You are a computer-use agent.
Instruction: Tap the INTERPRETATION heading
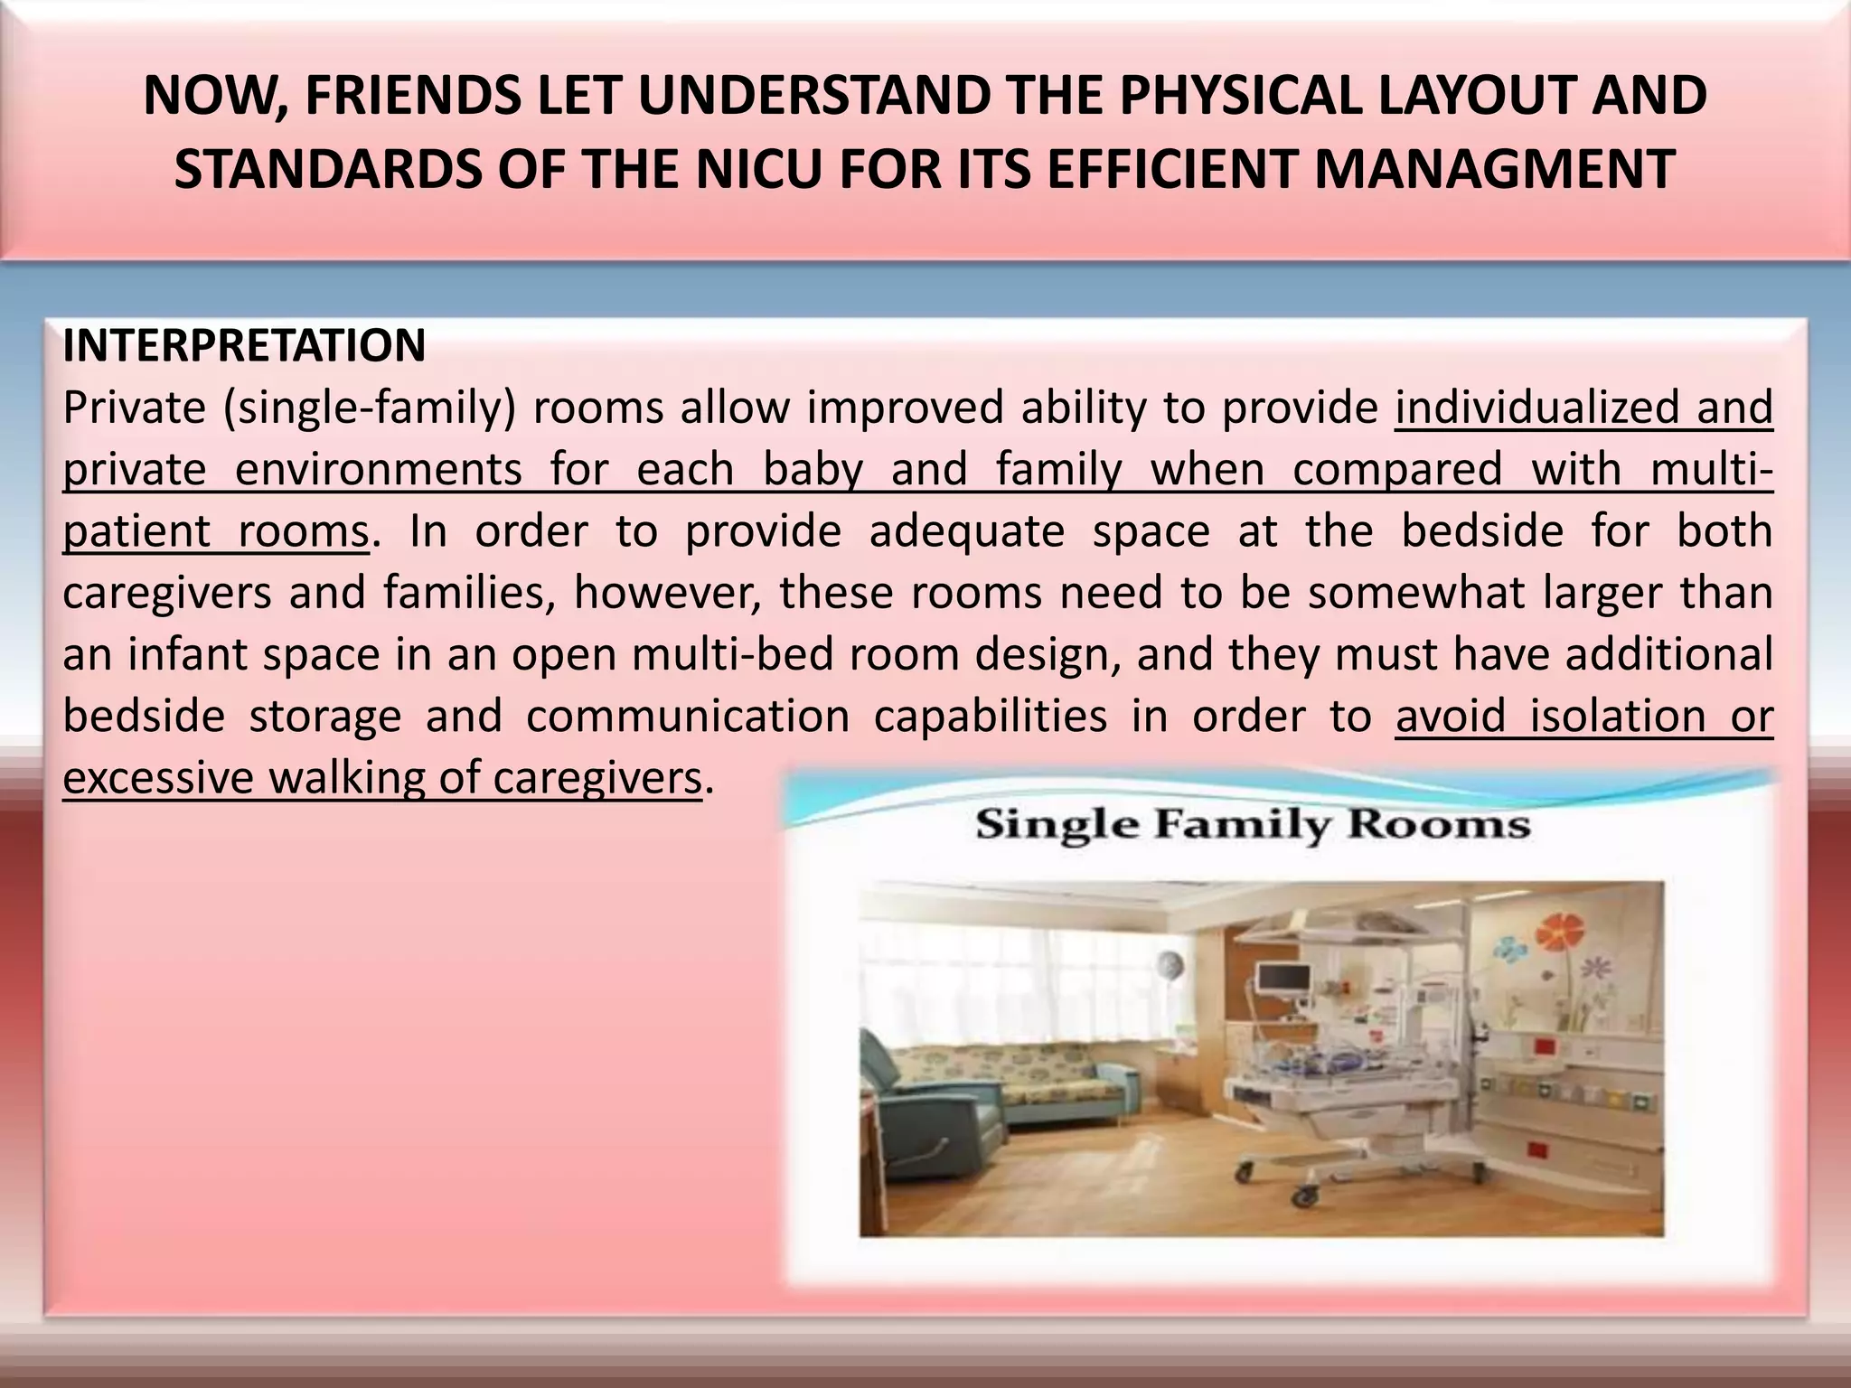coord(244,346)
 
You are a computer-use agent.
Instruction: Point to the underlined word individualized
coord(1533,408)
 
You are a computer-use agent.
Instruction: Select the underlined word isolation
coord(1608,717)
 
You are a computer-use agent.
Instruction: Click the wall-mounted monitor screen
coord(1284,978)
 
